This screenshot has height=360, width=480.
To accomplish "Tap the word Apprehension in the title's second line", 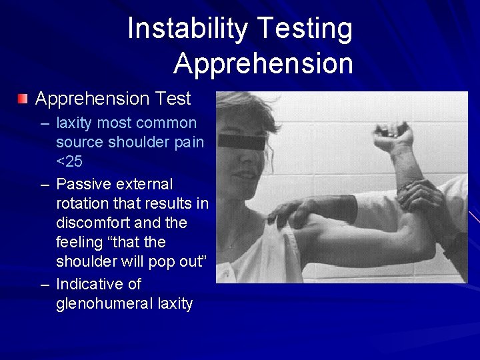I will [263, 63].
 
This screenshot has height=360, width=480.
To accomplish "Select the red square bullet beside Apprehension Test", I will [24, 99].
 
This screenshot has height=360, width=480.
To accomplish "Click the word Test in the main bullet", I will [173, 99].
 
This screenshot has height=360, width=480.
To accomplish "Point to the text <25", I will [69, 161].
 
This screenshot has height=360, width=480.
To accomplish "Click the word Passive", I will [84, 183].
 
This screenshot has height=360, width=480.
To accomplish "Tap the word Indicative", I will [99, 284].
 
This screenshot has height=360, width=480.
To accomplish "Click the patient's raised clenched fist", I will [393, 137].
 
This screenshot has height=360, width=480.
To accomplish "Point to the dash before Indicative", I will [45, 285].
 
